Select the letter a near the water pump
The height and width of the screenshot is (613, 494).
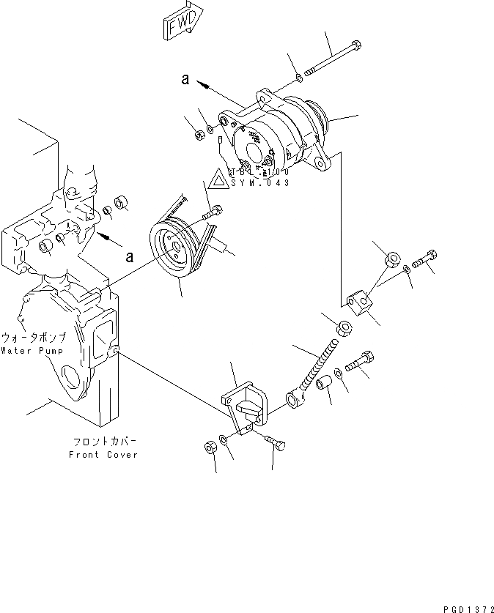click(130, 256)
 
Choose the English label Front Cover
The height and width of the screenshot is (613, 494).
click(103, 454)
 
